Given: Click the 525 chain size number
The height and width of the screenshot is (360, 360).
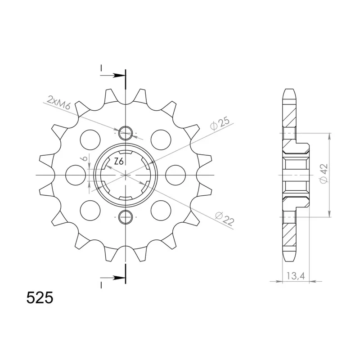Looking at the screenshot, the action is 40,298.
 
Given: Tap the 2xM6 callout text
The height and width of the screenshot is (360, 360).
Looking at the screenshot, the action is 58,103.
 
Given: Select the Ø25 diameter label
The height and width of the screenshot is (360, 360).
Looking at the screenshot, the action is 220,124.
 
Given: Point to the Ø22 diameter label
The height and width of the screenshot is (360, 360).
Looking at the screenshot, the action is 225,218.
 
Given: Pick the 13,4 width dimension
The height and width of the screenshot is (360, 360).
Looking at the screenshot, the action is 296,276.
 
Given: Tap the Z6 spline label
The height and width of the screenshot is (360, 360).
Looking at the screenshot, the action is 119,162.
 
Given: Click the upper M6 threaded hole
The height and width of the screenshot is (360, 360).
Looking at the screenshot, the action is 126,133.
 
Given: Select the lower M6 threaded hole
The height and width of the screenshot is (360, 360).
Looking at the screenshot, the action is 126,217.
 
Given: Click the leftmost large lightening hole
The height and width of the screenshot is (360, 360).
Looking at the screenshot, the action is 75,175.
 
